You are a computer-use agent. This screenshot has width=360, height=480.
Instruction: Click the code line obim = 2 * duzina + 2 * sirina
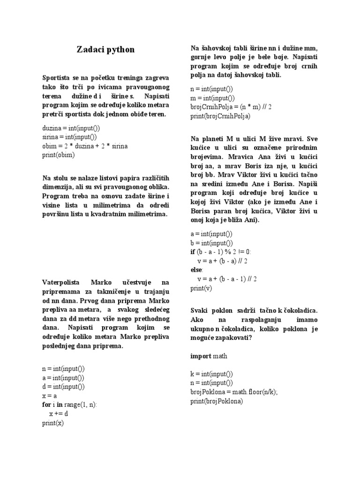(84, 146)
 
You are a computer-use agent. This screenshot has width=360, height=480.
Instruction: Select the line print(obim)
(58, 155)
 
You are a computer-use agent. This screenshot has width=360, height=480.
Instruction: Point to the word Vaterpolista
(61, 283)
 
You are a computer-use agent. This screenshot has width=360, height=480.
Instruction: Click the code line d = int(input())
(63, 387)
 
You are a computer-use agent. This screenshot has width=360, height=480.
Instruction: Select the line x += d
(59, 414)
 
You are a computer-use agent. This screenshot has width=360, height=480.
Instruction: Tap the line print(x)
(52, 423)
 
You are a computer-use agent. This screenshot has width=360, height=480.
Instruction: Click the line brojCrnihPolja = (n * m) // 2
(231, 107)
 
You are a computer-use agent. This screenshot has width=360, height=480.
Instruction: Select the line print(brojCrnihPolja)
(220, 116)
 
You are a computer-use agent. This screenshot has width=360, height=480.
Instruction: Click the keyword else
(196, 270)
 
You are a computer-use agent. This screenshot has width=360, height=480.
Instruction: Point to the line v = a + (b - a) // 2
(223, 261)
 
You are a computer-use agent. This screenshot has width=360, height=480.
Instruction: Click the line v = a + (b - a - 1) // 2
(227, 279)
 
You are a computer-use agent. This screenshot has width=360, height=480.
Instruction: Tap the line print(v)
(201, 288)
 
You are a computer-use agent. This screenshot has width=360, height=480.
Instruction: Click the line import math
(209, 356)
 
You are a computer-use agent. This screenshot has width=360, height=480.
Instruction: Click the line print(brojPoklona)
(217, 401)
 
